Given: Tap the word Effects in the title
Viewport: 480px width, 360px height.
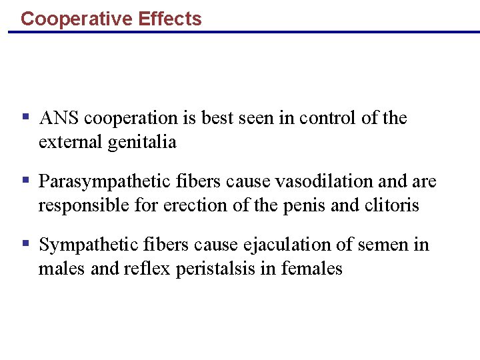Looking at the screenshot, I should tap(170, 19).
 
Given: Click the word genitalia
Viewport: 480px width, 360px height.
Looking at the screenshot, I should tap(141, 142).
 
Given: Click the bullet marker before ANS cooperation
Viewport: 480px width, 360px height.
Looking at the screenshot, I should tap(25, 117).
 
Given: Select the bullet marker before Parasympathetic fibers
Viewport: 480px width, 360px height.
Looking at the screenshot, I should tap(25, 181).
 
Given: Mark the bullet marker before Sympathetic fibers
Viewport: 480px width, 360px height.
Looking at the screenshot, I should tap(25, 244).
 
